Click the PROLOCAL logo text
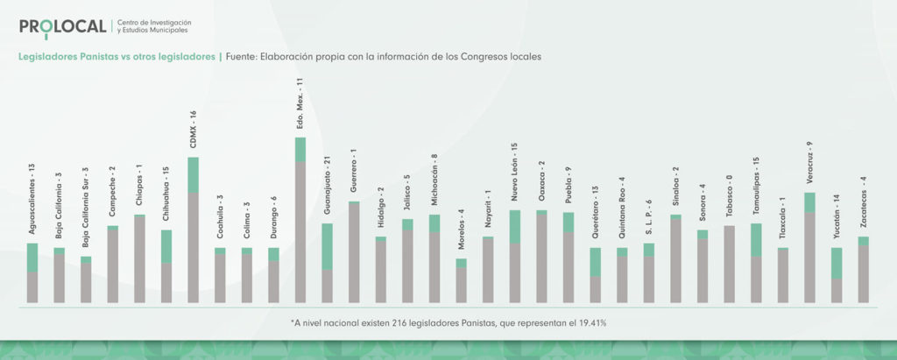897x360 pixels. (62, 26)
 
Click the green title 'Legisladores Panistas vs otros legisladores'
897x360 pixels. (117, 57)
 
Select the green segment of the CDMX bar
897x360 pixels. (194, 174)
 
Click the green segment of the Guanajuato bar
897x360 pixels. (327, 246)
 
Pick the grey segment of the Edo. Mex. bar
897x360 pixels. (300, 232)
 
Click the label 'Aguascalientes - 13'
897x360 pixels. (32, 199)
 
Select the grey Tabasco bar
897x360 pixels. (729, 264)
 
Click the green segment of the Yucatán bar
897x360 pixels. (837, 263)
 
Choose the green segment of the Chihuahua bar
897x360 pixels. (166, 246)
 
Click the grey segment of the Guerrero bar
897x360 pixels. (354, 252)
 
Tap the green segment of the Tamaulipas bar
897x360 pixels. (756, 239)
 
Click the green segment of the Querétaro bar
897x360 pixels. (595, 262)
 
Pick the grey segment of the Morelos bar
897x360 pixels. (462, 285)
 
